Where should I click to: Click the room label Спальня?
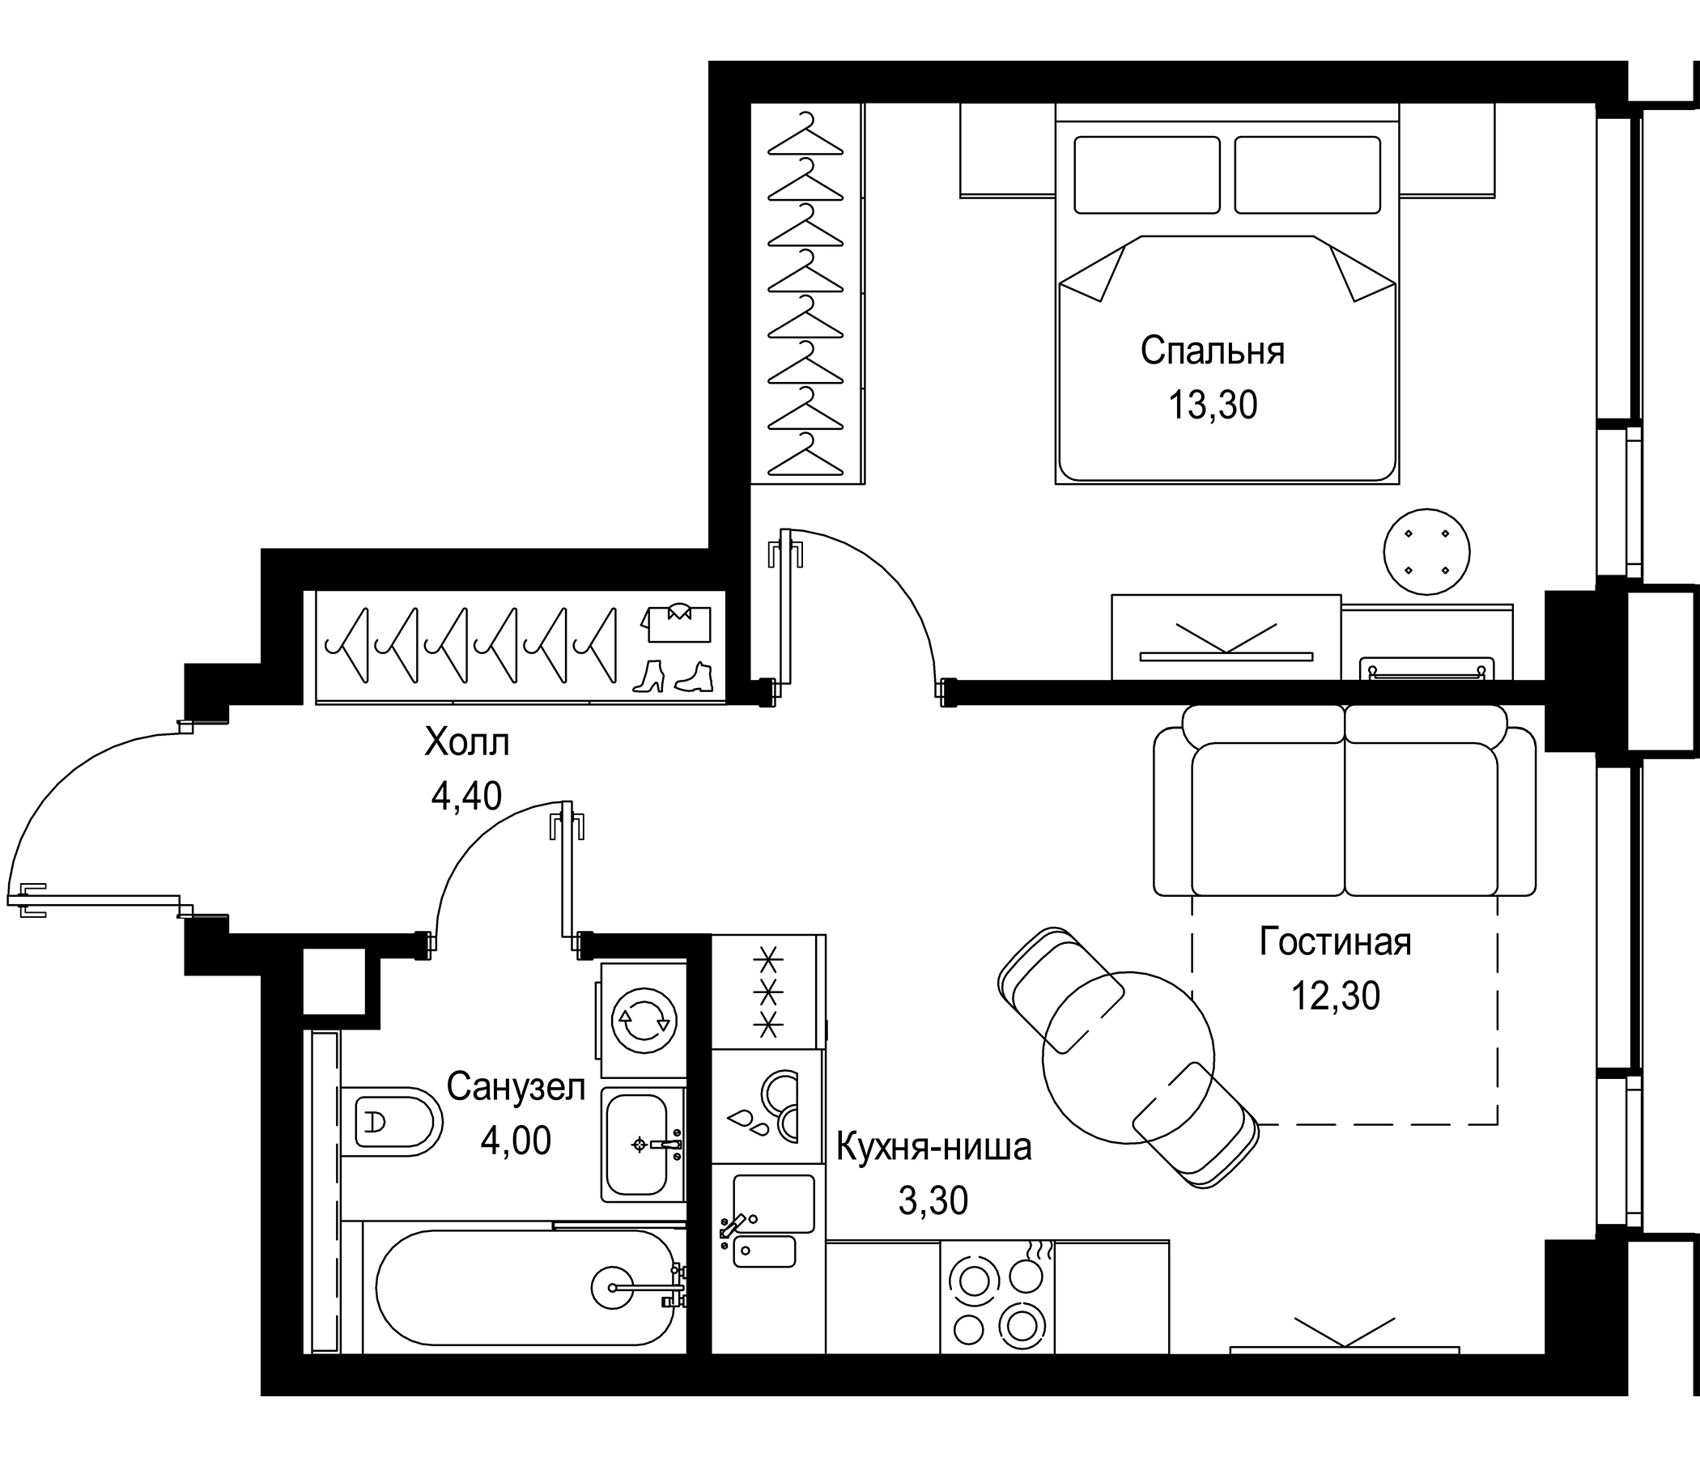click(1212, 351)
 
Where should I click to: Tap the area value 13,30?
click(1212, 406)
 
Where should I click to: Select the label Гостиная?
click(1335, 942)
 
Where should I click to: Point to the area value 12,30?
click(1335, 996)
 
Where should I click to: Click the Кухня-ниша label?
click(933, 1147)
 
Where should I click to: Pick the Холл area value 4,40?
click(466, 796)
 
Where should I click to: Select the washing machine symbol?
click(644, 1021)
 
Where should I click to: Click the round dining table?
click(1128, 1058)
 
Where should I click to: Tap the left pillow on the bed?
click(1146, 175)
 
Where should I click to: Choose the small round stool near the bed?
click(1426, 551)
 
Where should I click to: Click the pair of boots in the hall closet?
click(673, 677)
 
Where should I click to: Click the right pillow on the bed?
click(1307, 175)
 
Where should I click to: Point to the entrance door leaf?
click(99, 900)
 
